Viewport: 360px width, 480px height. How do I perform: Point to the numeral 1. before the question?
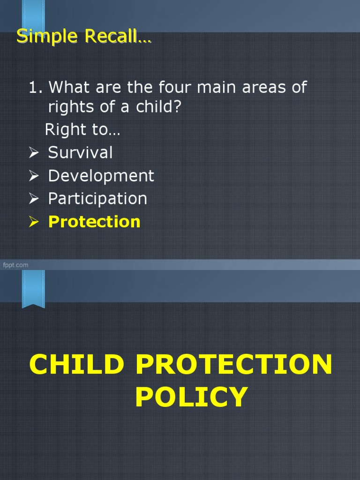[x=36, y=87]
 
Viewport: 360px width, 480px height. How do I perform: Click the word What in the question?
[x=71, y=87]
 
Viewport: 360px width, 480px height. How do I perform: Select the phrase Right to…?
[x=82, y=130]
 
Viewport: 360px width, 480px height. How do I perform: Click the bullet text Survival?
[x=80, y=152]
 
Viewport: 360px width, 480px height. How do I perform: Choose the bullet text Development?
[x=101, y=176]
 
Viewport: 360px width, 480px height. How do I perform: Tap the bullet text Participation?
[x=97, y=199]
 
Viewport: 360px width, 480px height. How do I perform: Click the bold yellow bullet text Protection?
[x=94, y=222]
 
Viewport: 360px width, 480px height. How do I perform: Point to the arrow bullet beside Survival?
[x=35, y=153]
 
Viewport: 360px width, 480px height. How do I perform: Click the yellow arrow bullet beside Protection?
[x=35, y=222]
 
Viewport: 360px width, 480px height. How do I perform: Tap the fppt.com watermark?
[x=15, y=265]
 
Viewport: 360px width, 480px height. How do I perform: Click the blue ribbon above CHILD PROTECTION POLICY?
[x=33, y=288]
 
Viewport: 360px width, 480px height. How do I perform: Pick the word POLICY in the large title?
[x=191, y=397]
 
